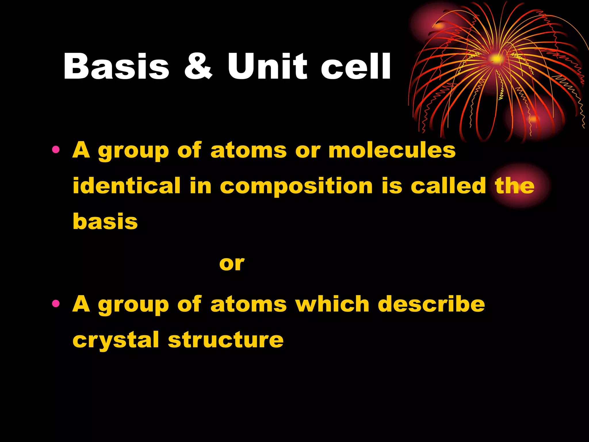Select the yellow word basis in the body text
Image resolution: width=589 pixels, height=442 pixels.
[105, 222]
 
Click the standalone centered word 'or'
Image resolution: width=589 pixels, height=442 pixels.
[232, 264]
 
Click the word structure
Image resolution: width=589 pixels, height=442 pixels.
[226, 340]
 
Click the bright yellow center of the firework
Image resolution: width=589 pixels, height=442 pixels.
[496, 59]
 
